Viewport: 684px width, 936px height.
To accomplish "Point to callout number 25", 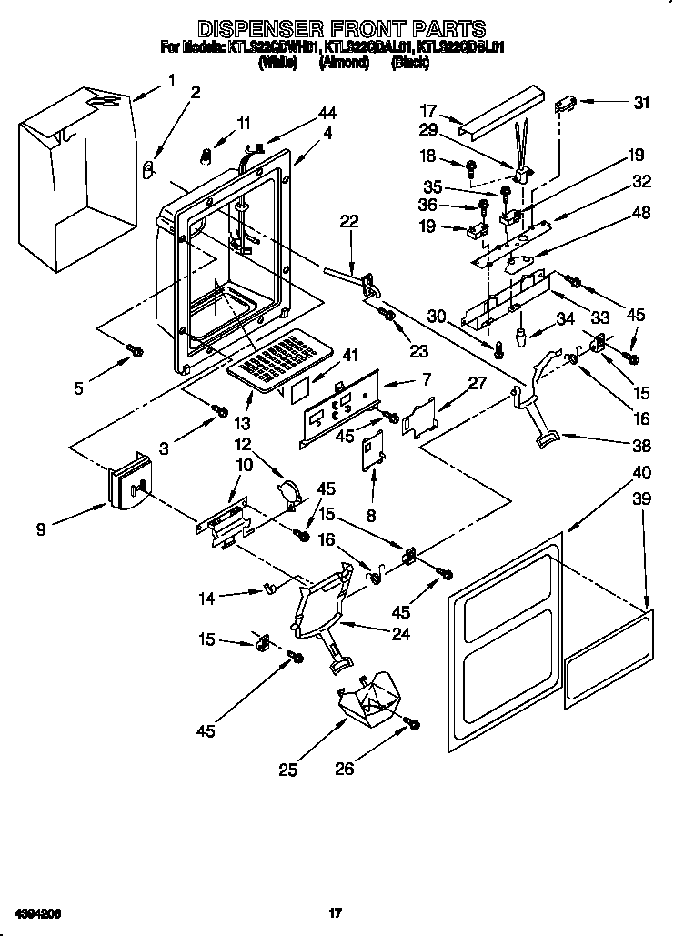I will (287, 770).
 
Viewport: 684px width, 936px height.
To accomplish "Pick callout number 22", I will (349, 220).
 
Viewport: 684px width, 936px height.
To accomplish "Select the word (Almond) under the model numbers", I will (344, 63).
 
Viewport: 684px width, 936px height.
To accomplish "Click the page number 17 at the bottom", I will (335, 911).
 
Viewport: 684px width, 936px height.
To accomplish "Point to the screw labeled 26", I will (411, 723).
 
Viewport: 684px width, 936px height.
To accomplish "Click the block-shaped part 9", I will (129, 481).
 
